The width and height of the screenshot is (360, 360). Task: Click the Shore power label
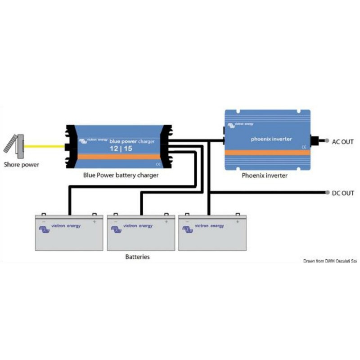(x=22, y=165)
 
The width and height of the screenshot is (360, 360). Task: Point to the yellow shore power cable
(x=45, y=146)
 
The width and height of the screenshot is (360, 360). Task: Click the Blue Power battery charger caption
(x=121, y=175)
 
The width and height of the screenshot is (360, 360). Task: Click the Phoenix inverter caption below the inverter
(x=265, y=175)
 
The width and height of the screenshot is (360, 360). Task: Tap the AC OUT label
(x=342, y=142)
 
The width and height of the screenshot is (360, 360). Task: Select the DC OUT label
(x=342, y=193)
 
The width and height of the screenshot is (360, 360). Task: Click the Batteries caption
(x=137, y=257)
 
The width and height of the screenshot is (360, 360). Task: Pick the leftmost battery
(x=69, y=232)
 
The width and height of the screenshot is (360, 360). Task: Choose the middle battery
(x=141, y=232)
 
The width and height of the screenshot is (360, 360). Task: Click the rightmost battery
(x=212, y=232)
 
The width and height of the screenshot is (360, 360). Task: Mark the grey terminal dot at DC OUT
(x=327, y=193)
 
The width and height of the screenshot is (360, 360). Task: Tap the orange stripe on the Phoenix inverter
(x=267, y=153)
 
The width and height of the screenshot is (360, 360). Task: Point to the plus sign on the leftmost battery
(x=94, y=221)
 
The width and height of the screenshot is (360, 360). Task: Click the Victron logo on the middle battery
(x=116, y=229)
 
